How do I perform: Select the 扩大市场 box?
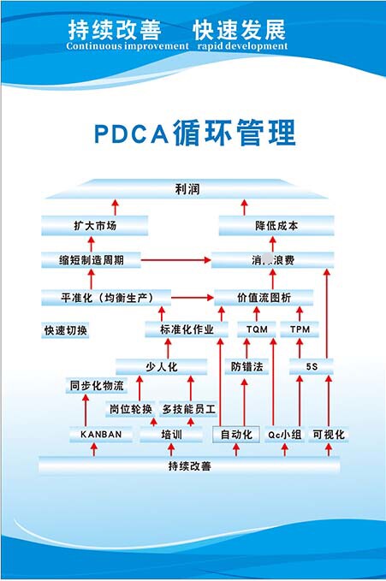coord(94,226)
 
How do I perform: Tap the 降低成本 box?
coord(276,226)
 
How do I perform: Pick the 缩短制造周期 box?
coord(90,258)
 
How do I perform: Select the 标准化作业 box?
coord(187,329)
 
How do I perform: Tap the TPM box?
coord(300,329)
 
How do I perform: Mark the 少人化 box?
coord(161,367)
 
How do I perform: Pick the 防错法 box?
coord(246,367)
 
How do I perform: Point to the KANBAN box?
coord(101,435)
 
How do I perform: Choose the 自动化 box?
coord(235,435)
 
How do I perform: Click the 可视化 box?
coord(328,435)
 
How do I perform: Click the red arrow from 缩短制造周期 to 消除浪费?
coord(175,258)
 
